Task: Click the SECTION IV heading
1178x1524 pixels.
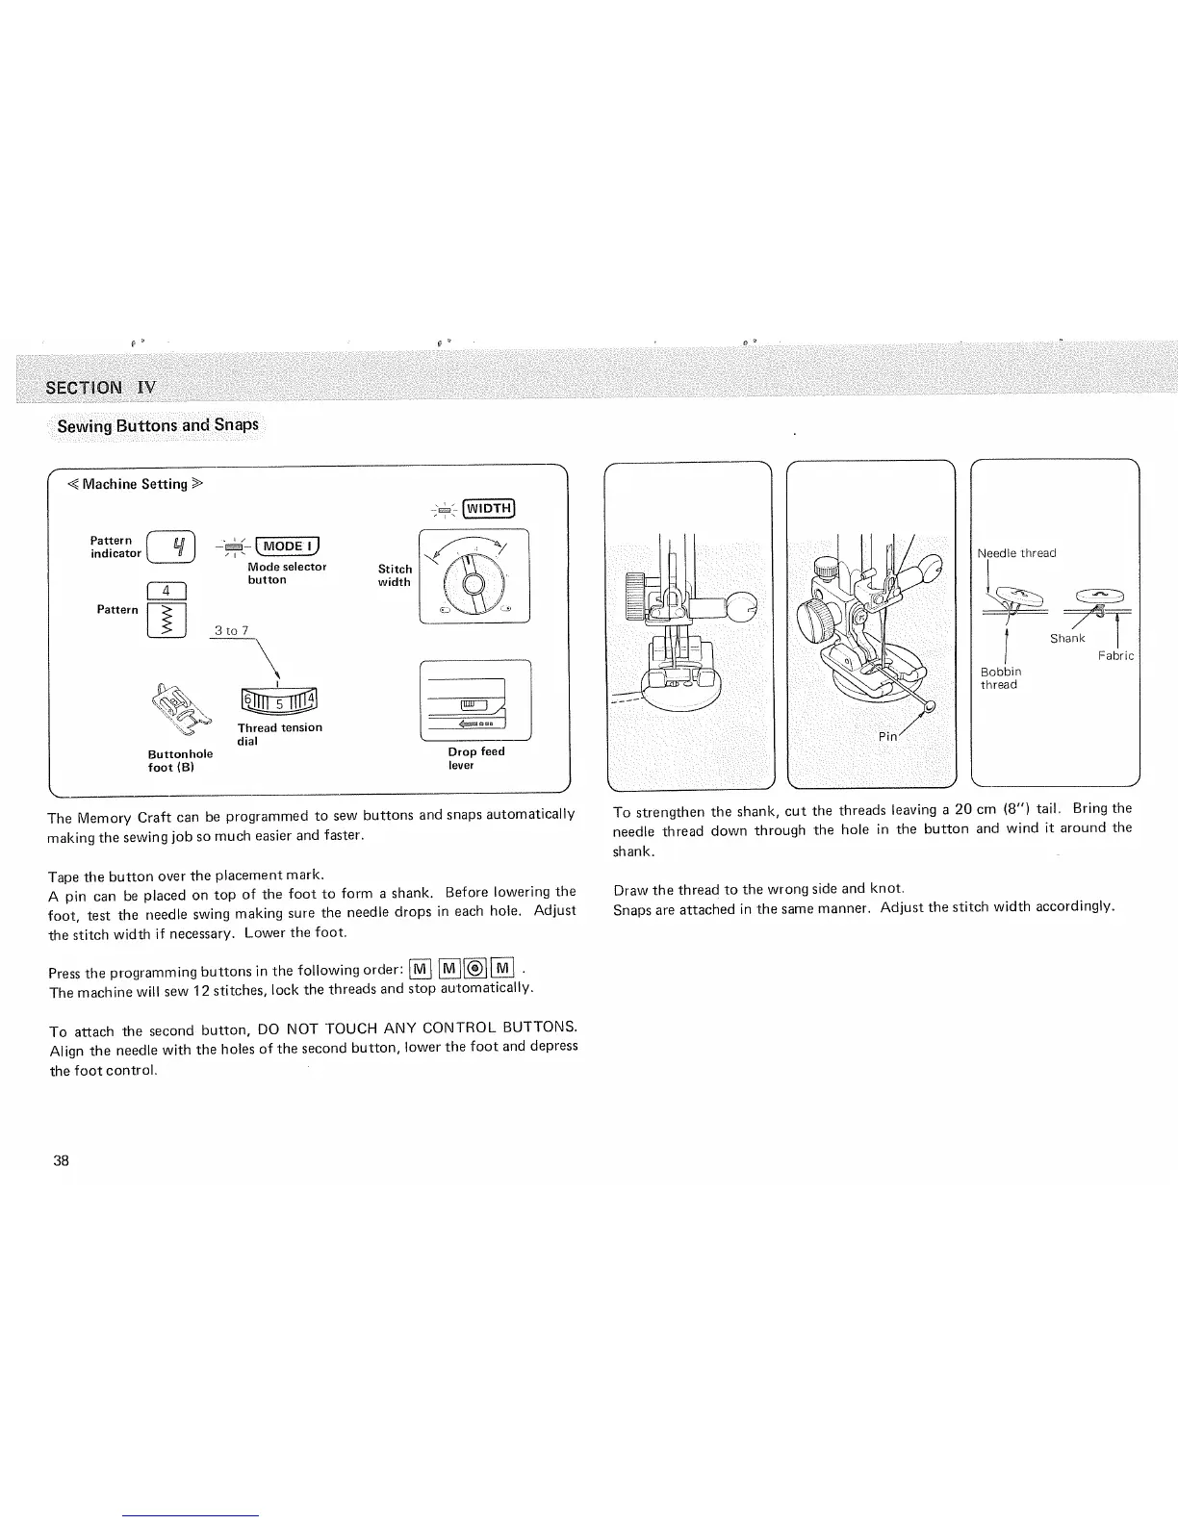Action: coord(99,388)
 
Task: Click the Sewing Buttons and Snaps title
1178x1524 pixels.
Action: coord(158,425)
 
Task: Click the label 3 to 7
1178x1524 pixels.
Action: coord(232,631)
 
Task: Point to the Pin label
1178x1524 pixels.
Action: coord(887,736)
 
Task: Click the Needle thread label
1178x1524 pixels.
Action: coord(1016,553)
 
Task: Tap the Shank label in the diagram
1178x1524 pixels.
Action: coord(1067,638)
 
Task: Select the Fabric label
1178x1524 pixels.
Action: coord(1116,656)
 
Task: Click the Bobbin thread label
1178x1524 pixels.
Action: coord(1000,677)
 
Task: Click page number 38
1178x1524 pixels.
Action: coord(61,1160)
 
